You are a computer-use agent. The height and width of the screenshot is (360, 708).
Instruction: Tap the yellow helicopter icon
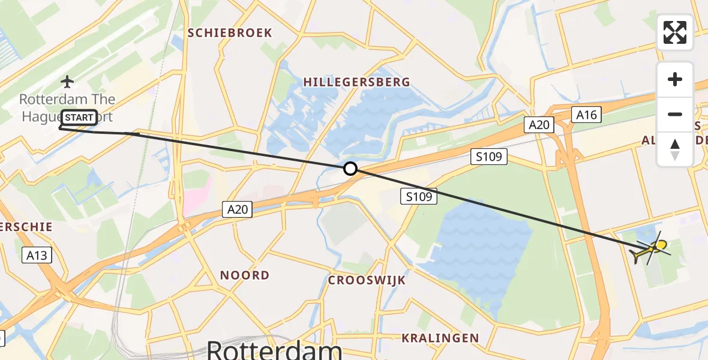click(652, 250)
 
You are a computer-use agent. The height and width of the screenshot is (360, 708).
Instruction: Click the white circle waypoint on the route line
click(350, 169)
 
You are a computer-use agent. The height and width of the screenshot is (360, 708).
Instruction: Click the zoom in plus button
click(675, 80)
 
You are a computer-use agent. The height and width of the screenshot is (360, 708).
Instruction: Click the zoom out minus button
click(675, 114)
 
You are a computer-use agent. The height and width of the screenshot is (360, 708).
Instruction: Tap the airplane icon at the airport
click(67, 81)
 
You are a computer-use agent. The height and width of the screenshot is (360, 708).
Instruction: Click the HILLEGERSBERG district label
click(356, 82)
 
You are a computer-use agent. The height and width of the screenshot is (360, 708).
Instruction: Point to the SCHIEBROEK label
click(230, 33)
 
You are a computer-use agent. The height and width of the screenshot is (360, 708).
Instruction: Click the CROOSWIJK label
click(367, 280)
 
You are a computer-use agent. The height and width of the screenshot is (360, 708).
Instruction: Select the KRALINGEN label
click(440, 338)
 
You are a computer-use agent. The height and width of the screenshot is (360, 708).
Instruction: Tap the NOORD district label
click(244, 275)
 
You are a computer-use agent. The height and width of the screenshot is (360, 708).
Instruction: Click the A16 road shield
click(586, 114)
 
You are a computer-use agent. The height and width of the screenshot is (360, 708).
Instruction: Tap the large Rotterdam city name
click(274, 350)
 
